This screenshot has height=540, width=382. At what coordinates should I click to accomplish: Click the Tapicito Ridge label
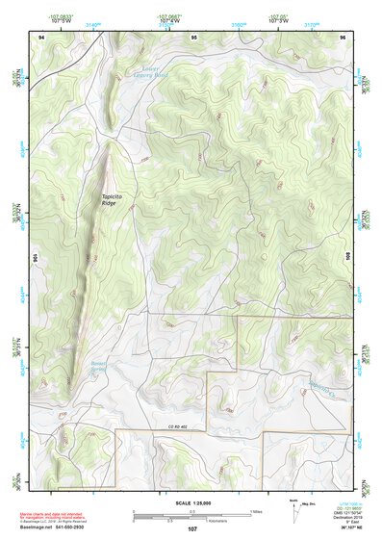coord(115,200)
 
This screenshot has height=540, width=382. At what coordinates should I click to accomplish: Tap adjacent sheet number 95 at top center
coord(193,37)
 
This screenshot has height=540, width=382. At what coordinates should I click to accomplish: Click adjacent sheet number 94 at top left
coord(41,37)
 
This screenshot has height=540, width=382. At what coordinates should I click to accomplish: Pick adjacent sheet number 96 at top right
coord(342,37)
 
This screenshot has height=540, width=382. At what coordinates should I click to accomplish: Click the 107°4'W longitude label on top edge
coord(169,21)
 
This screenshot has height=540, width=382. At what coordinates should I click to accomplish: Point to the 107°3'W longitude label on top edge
coord(279,21)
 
